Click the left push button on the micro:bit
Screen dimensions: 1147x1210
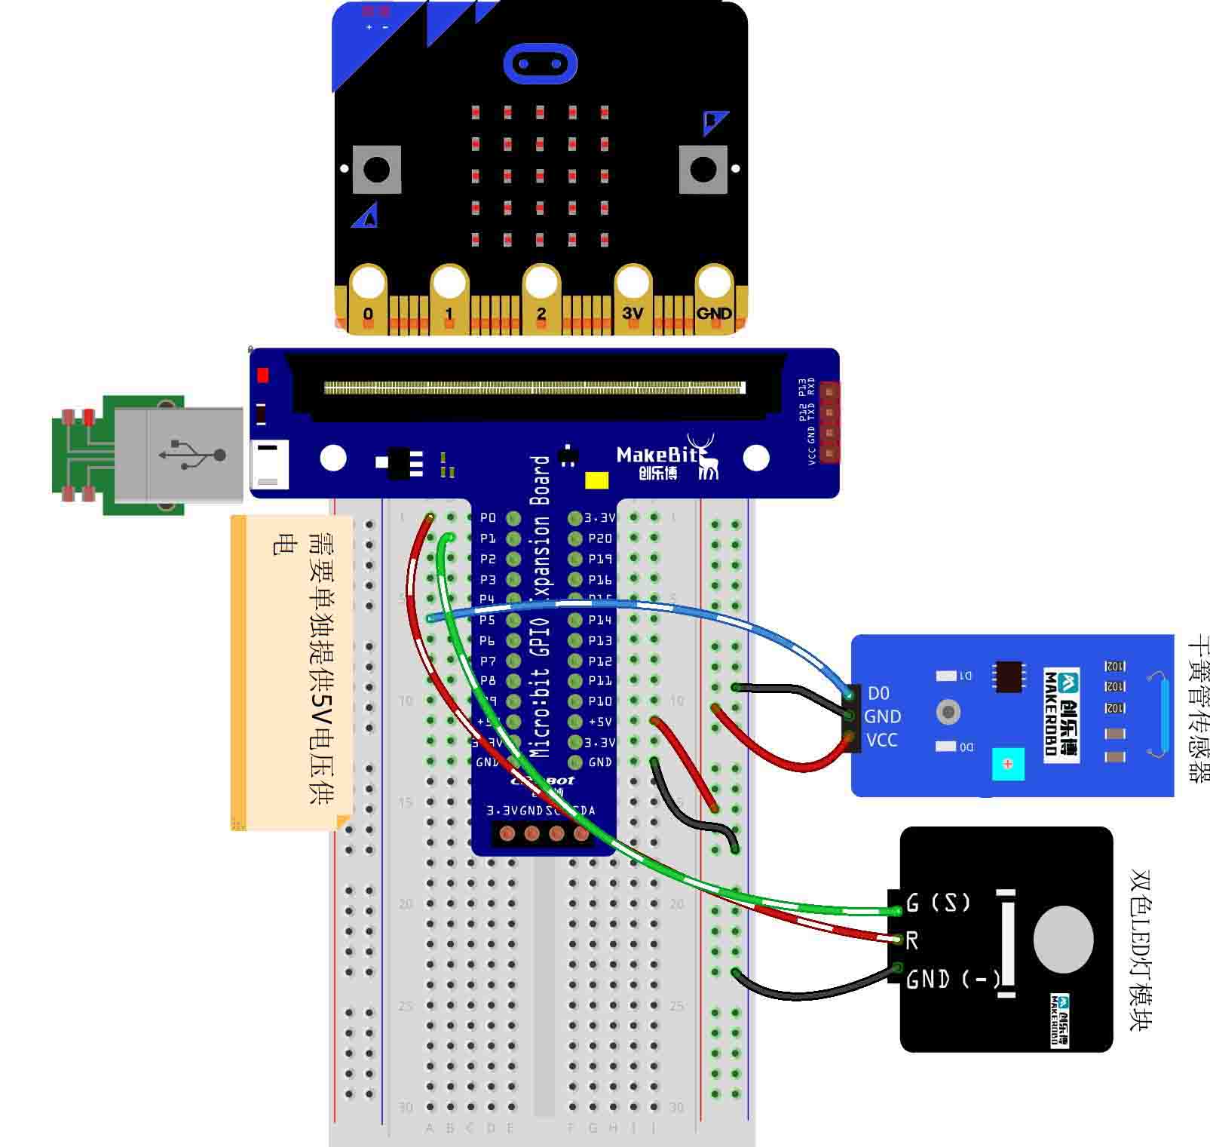[x=376, y=169]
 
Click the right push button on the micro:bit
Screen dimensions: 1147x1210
[x=703, y=169]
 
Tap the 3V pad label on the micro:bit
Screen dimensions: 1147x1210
[x=633, y=313]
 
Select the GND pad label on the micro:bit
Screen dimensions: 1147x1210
[x=713, y=313]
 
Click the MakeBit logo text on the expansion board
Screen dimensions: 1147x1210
[x=657, y=455]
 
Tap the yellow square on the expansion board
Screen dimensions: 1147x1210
[x=596, y=480]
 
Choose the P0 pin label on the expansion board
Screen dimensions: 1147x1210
[x=488, y=518]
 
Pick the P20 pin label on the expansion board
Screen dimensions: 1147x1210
[x=600, y=538]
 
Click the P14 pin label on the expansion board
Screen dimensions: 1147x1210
[x=600, y=620]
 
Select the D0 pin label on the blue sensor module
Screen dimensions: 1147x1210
[x=878, y=693]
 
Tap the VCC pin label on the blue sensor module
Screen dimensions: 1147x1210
[x=881, y=741]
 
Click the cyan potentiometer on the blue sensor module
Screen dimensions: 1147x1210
[x=1008, y=764]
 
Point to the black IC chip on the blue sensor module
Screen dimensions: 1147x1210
[x=1009, y=676]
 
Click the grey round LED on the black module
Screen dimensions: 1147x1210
[x=1063, y=939]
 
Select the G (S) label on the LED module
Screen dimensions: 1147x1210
[x=938, y=902]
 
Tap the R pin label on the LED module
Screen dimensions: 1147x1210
[x=912, y=940]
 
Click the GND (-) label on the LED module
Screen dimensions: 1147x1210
[x=952, y=979]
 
